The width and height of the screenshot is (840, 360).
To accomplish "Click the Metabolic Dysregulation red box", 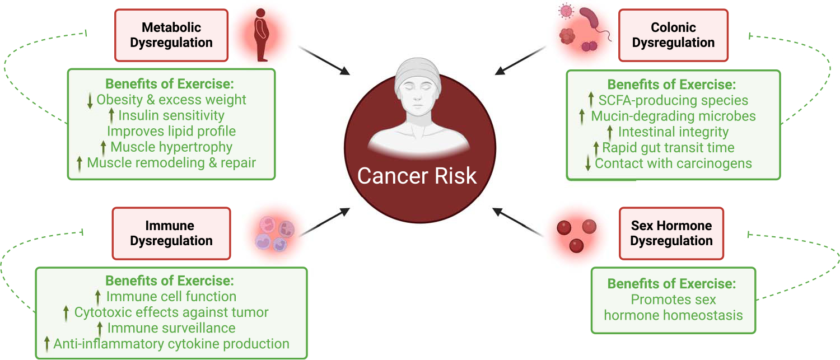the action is coord(171,35).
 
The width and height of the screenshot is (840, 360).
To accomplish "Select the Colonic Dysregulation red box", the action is coord(674,35).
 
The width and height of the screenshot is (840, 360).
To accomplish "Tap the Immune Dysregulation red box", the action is coord(171,233).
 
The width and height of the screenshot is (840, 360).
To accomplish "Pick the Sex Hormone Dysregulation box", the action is coord(671,233).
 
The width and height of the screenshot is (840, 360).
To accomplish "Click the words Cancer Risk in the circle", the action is coord(417,175).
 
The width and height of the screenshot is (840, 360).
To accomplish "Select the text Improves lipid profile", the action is coord(171,131).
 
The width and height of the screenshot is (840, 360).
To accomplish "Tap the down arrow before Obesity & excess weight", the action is coord(90,100).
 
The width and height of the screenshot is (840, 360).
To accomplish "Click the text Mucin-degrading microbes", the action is coord(673,116).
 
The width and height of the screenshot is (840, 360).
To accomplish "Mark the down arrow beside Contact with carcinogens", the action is coord(587,163).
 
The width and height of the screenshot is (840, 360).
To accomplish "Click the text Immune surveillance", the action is coord(171,328).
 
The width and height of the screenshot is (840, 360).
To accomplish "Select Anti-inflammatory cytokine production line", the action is coord(171,343).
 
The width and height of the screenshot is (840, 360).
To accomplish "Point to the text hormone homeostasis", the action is coord(673,315).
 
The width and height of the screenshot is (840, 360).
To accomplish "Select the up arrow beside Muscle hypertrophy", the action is coord(103,147).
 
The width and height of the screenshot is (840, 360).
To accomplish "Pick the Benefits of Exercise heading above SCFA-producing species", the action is coord(671,85).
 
